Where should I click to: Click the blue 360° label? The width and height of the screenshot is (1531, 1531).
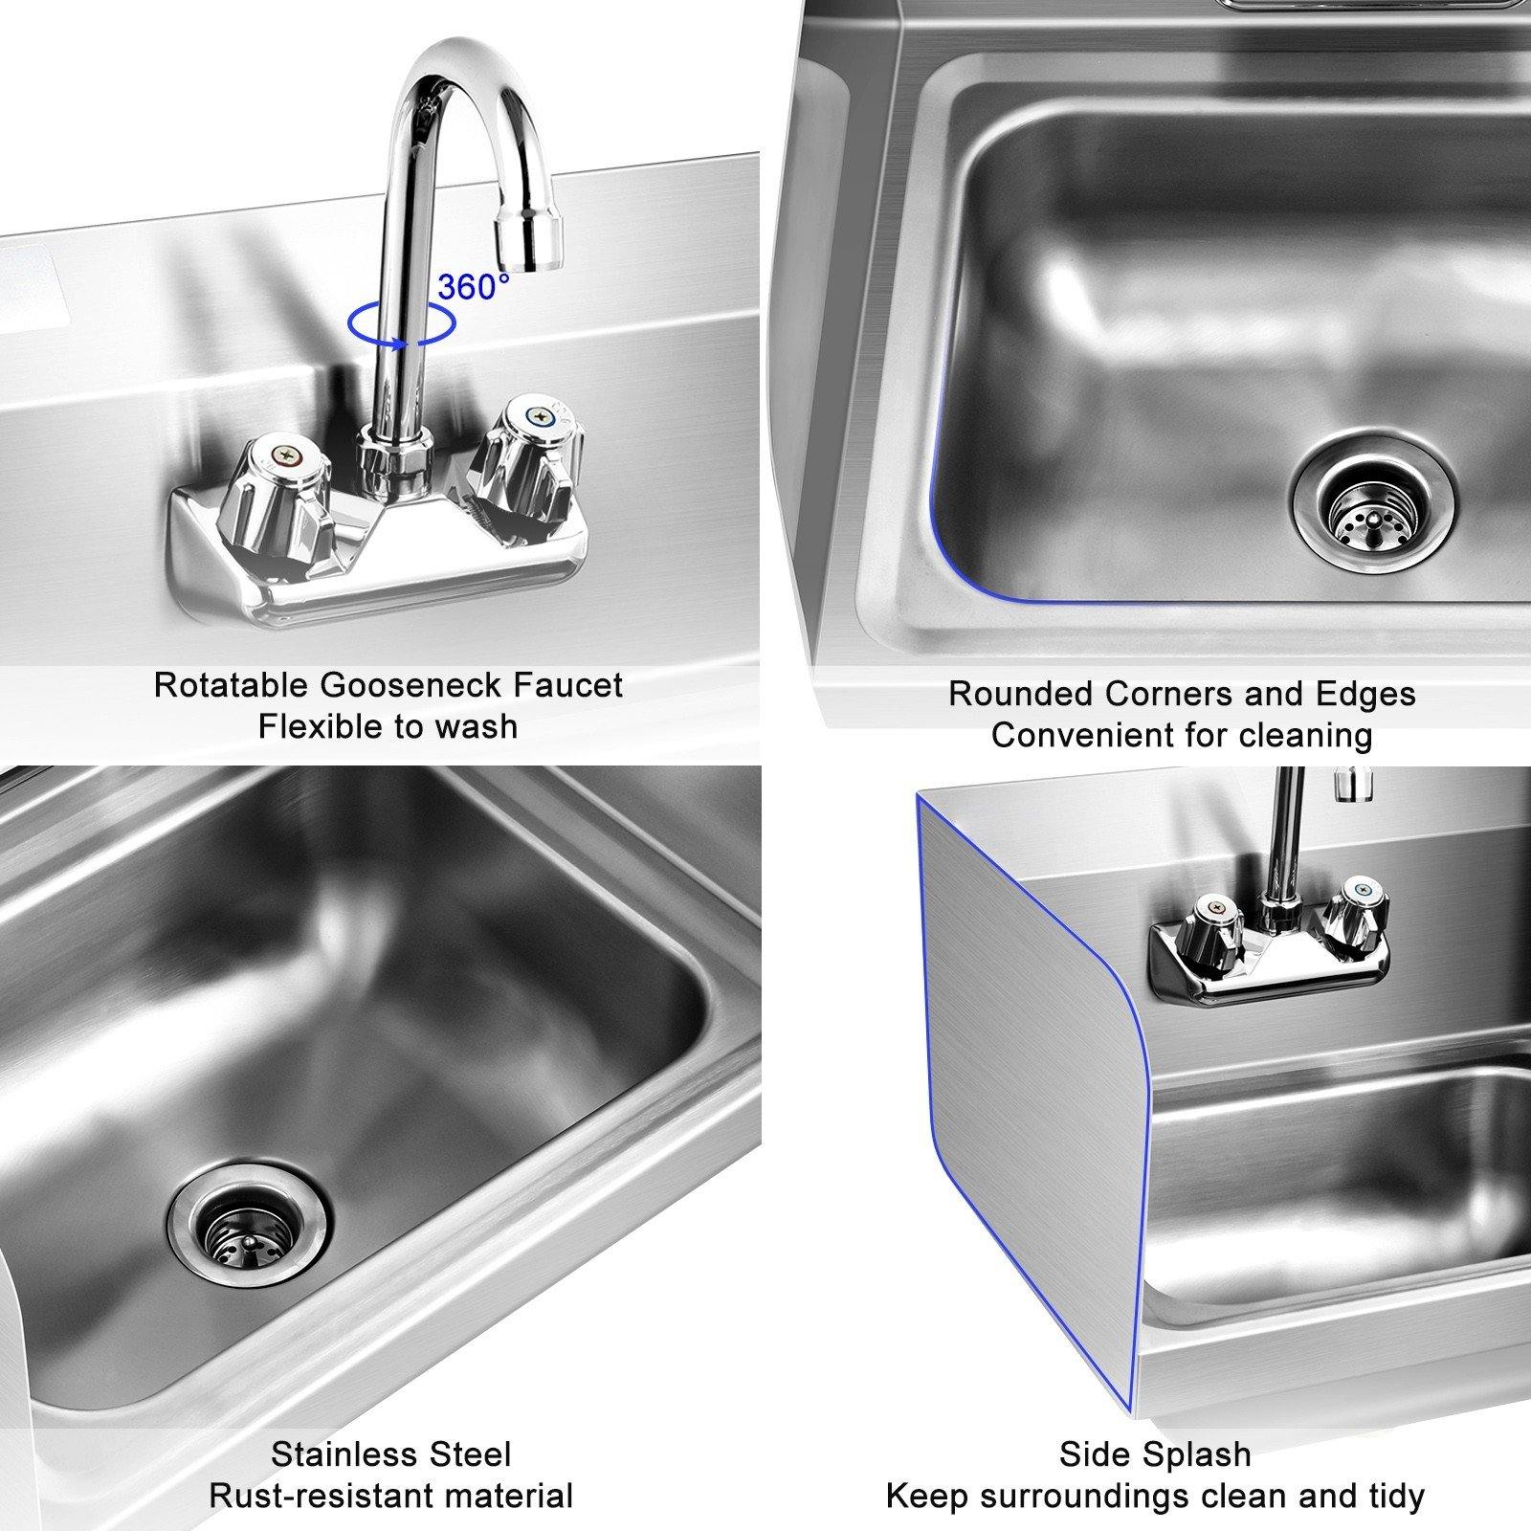[x=474, y=285]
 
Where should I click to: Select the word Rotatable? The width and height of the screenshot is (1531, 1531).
[x=231, y=685]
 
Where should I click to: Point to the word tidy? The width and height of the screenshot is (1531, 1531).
[x=1392, y=1496]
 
